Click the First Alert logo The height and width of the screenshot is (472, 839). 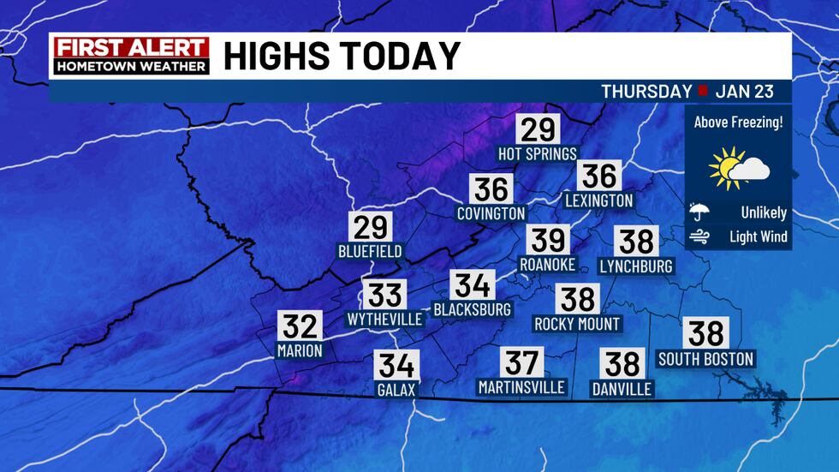tap(131, 55)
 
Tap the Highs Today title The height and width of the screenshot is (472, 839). tap(342, 57)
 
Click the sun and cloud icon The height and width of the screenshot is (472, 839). tap(738, 168)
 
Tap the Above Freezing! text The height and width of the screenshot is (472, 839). tap(738, 122)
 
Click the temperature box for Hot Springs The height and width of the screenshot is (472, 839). tap(539, 129)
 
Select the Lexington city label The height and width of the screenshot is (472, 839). tap(599, 200)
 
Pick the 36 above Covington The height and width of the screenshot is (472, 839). tap(491, 188)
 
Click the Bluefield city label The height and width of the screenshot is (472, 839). tap(370, 252)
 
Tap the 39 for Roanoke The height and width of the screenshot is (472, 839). tap(547, 241)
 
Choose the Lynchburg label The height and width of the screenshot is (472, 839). tap(636, 266)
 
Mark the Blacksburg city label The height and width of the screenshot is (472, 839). tap(473, 308)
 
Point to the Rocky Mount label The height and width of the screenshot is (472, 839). tap(577, 324)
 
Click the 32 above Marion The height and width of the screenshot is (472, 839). tap(300, 326)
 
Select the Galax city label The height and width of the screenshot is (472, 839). tap(396, 390)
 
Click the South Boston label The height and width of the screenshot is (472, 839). tap(705, 358)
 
